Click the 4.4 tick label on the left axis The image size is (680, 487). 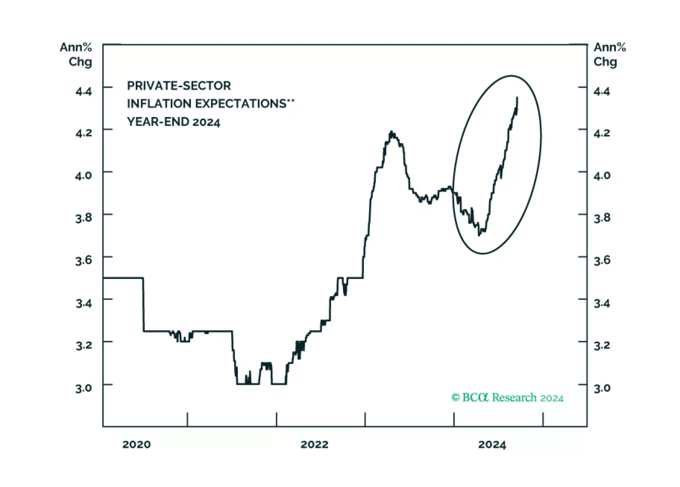(83, 91)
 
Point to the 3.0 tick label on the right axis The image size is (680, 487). (602, 388)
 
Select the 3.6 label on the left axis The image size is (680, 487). (83, 260)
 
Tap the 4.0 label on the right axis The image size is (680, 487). (602, 175)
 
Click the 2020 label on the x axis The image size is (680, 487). (136, 444)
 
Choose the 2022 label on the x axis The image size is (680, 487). (314, 444)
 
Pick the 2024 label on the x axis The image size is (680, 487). (492, 444)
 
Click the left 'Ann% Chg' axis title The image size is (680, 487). (77, 54)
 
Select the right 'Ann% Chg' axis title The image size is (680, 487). (609, 54)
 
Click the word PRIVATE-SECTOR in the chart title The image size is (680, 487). (179, 86)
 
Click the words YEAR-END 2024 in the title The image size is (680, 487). (174, 122)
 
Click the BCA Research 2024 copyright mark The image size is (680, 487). (507, 398)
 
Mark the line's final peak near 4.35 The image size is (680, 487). (517, 98)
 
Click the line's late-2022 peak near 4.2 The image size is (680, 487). (391, 132)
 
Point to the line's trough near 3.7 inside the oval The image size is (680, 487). (480, 234)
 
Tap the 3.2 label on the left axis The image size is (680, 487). (83, 345)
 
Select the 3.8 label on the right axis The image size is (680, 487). (602, 218)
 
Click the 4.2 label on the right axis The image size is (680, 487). (602, 133)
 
